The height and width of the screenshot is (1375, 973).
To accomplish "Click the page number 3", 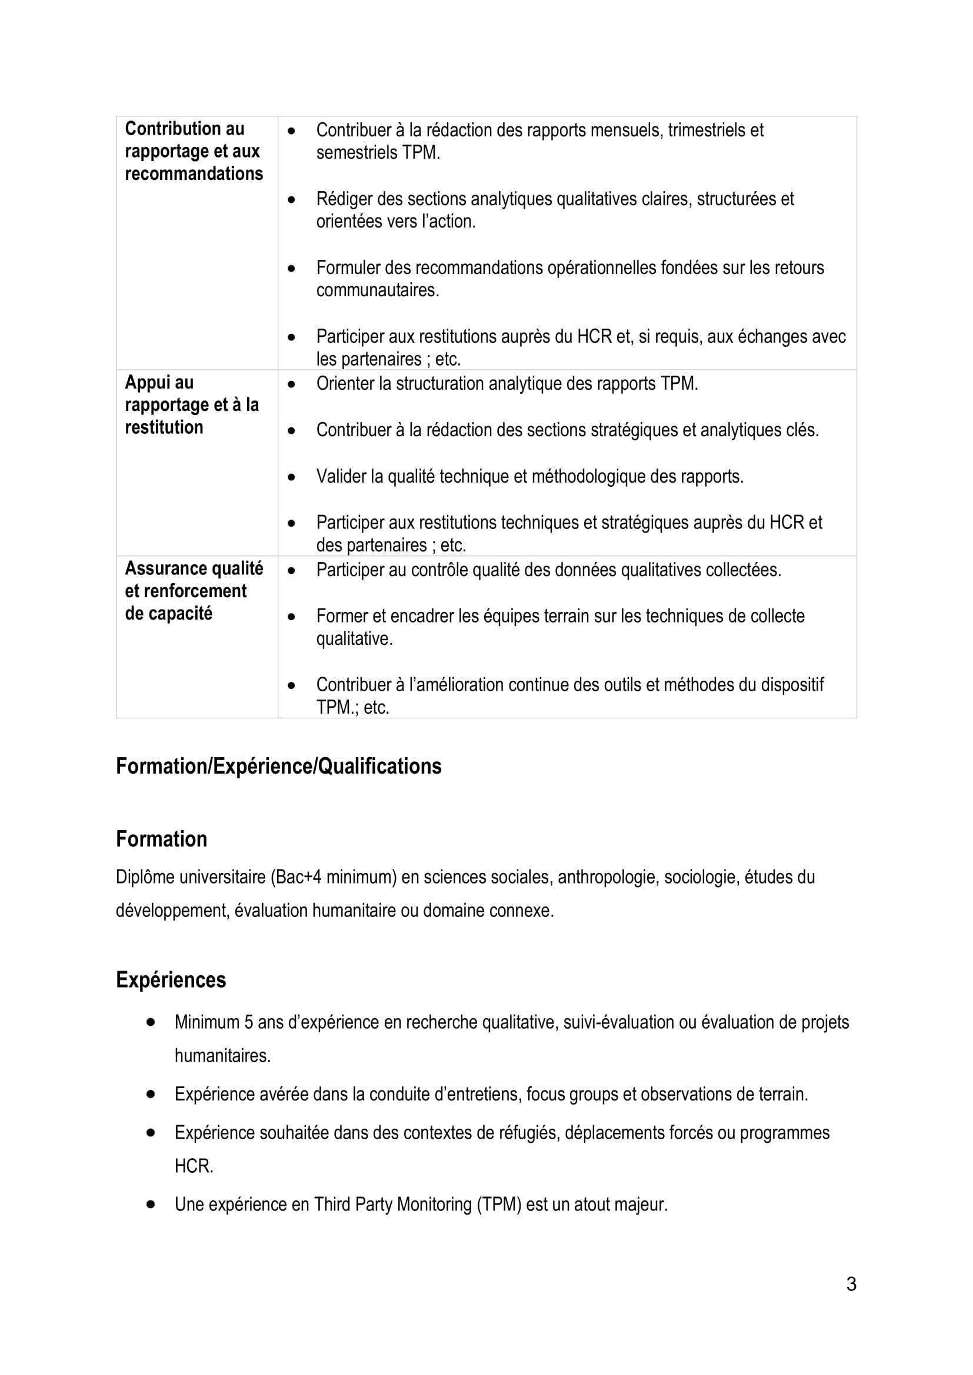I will [x=851, y=1284].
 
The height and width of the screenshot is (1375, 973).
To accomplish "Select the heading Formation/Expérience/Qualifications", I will [x=279, y=766].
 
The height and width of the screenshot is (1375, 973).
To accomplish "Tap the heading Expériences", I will [x=171, y=980].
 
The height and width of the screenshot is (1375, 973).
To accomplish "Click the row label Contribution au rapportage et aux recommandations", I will [x=194, y=151].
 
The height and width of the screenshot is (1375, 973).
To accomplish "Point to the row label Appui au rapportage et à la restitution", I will [x=192, y=405].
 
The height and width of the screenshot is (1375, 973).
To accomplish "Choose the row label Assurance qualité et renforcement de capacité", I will [x=194, y=590].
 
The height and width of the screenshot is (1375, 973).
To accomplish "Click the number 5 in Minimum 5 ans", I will [x=248, y=1022].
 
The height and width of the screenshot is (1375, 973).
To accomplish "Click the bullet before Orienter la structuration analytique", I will [x=291, y=384].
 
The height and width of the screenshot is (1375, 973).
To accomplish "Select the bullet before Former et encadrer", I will [x=291, y=616].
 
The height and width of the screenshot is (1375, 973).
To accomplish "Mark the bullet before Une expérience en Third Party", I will [x=151, y=1204].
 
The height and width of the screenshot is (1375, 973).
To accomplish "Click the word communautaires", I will [x=378, y=290].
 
